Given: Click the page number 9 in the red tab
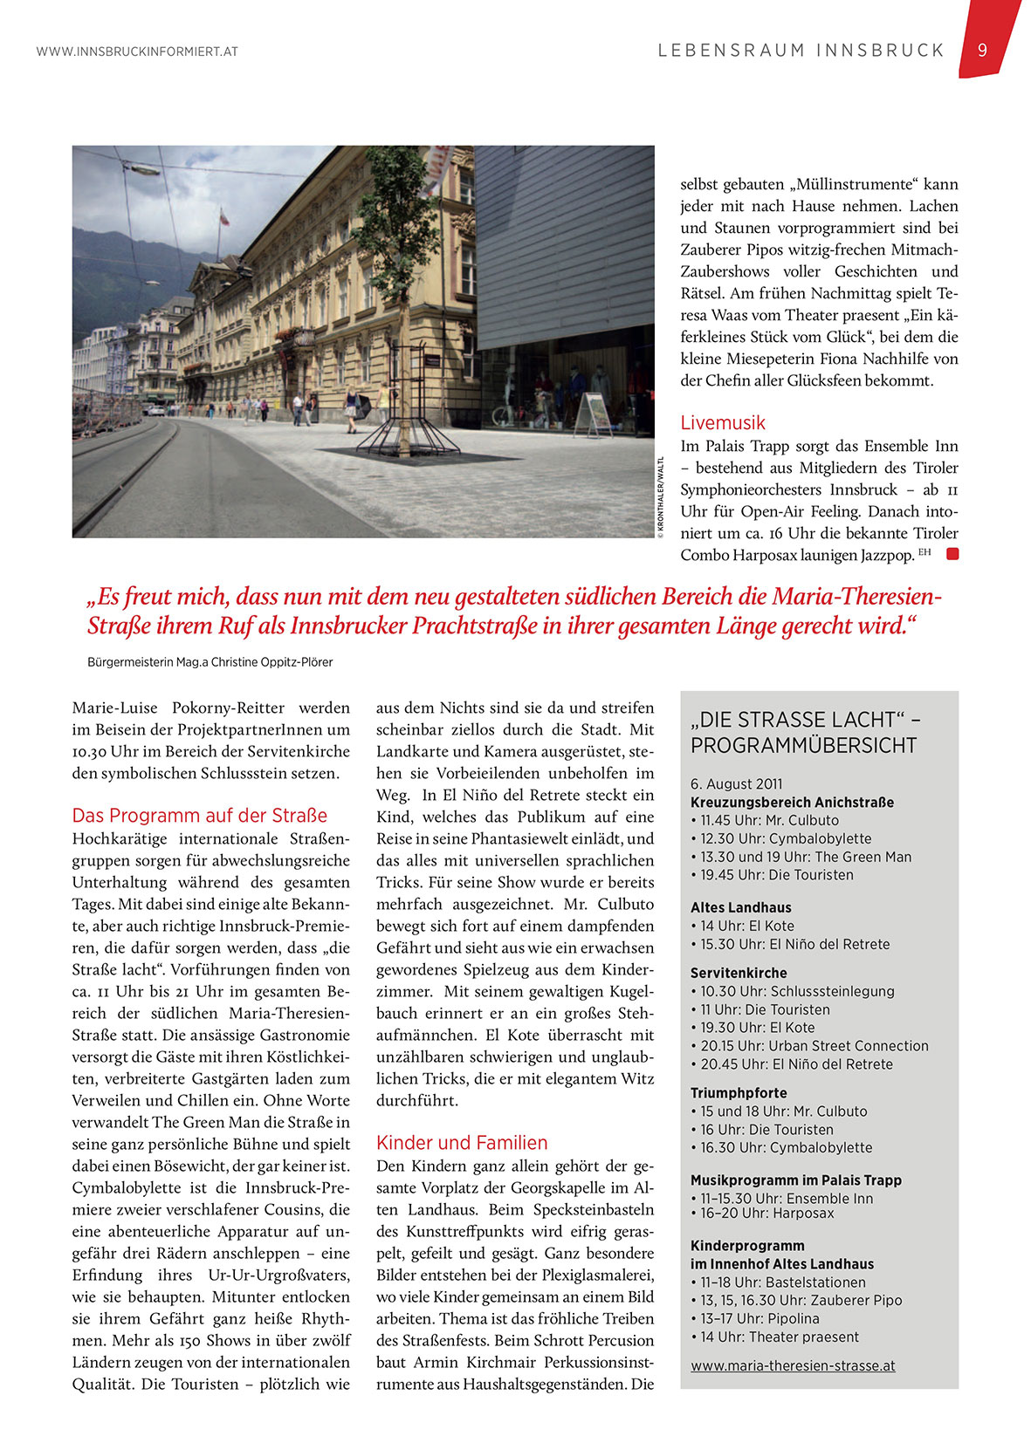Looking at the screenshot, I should [982, 51].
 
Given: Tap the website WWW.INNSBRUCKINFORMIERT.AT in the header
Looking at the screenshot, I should [137, 51].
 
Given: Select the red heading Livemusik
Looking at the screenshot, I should [723, 423].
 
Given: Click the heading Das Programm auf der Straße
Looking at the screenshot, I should [200, 816].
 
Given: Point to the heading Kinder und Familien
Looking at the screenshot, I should [462, 1143].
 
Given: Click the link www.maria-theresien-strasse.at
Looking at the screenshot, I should [793, 1366].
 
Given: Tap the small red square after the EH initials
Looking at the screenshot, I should [952, 553].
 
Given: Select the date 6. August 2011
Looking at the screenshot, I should [737, 784].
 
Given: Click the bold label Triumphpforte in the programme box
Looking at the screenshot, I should [739, 1093].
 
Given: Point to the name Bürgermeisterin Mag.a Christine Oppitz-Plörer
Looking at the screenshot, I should [210, 662].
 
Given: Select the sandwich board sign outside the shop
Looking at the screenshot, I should [594, 413].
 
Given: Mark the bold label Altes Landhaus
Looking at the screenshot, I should [741, 907].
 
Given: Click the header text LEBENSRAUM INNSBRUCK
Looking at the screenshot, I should [801, 51].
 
